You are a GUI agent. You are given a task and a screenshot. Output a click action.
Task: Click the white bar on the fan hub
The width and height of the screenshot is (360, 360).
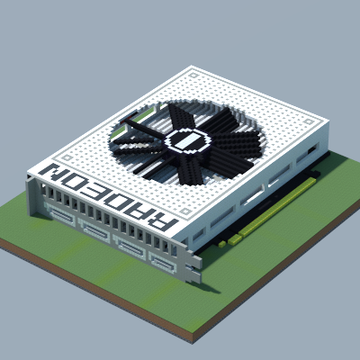coord(187,140)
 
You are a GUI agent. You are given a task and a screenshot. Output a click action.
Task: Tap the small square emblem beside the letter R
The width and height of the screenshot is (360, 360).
coord(186,211)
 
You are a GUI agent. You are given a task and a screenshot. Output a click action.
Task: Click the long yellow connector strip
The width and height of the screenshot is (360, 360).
coord(277,206)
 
